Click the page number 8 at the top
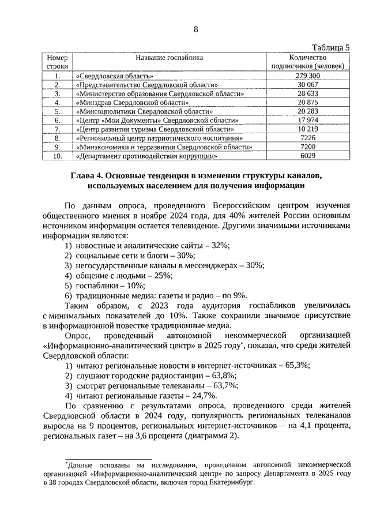[x=195, y=29]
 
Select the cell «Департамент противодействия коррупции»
[x=146, y=156]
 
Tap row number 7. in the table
[x=57, y=129]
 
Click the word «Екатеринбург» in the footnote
[x=228, y=485]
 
